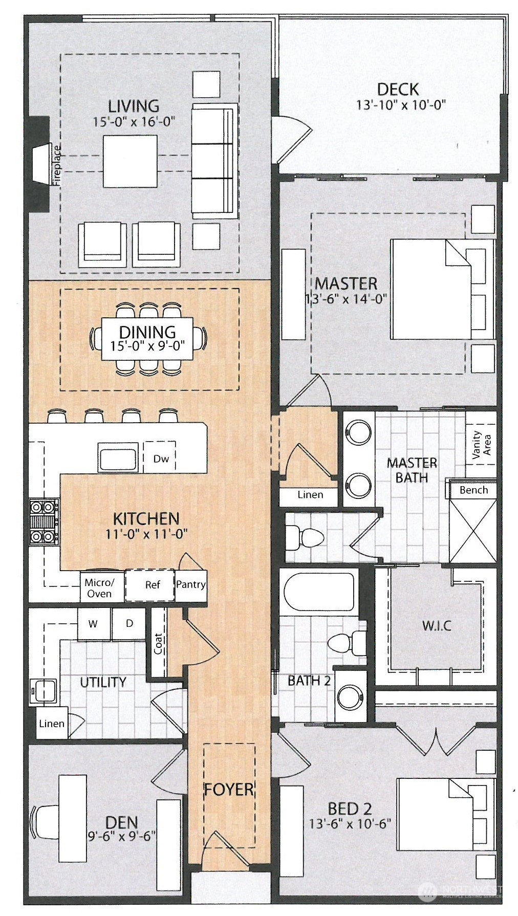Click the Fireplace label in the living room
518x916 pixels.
tap(57, 166)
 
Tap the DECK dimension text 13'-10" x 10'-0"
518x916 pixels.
tap(401, 105)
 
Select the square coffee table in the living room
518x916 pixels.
tap(130, 161)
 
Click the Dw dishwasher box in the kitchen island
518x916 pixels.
tap(161, 459)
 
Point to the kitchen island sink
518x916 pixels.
tap(118, 458)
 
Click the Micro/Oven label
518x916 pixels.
tap(99, 588)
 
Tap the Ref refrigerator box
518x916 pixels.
tap(152, 585)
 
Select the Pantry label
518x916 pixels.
tap(190, 584)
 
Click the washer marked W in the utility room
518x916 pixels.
tap(93, 624)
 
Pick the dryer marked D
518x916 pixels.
tap(129, 623)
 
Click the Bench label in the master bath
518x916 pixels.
tap(473, 490)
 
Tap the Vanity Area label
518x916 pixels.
tap(481, 443)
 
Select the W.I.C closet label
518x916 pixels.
tap(437, 626)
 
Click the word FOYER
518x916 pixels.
tap(229, 790)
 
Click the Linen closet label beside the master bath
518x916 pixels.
tap(310, 495)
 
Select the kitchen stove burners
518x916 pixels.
tap(44, 522)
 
